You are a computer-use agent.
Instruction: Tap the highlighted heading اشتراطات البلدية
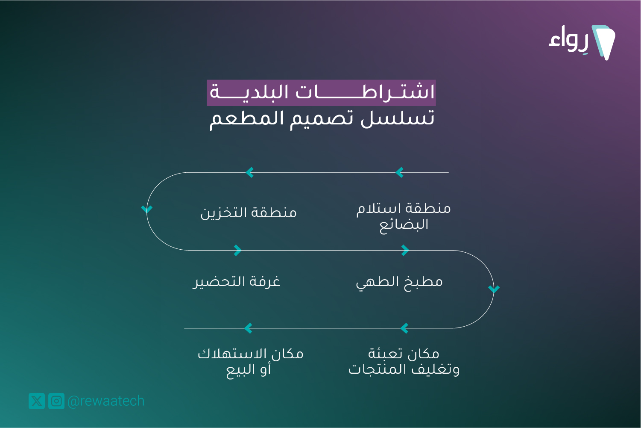click(x=322, y=92)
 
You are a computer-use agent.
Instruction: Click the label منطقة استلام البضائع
click(x=404, y=217)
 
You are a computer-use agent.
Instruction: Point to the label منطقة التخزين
click(x=249, y=213)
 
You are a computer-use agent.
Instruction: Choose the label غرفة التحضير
click(x=236, y=282)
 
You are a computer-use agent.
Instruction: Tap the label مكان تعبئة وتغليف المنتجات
click(x=404, y=362)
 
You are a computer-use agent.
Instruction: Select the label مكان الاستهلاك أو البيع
click(x=250, y=363)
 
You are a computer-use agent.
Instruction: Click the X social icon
click(x=37, y=401)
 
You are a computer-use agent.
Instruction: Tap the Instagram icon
click(x=56, y=401)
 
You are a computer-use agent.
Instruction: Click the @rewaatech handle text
click(x=106, y=401)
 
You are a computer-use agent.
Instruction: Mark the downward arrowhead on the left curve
click(x=146, y=209)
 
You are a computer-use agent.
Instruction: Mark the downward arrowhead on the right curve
click(x=494, y=289)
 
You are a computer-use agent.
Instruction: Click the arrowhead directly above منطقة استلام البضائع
click(x=400, y=172)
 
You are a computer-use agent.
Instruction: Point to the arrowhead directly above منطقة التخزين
click(x=250, y=172)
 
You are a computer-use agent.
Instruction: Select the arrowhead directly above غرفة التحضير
click(x=238, y=251)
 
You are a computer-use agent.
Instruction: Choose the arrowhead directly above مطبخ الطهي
click(x=405, y=251)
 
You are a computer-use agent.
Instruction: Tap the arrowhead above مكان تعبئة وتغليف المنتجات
click(x=404, y=328)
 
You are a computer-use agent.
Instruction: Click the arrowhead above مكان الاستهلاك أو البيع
click(x=249, y=328)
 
